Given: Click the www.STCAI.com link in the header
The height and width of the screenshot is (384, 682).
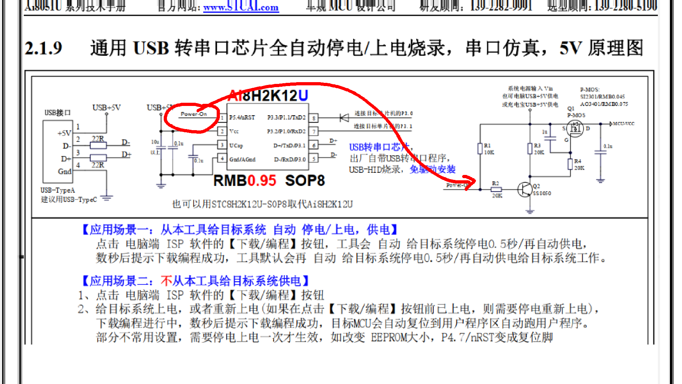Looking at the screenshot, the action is coord(241,7).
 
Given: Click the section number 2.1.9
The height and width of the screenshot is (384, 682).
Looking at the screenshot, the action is coord(43,48).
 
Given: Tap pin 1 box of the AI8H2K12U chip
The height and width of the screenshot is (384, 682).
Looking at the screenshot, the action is coord(222,118).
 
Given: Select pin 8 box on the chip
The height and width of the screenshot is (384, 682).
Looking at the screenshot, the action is coord(314,118).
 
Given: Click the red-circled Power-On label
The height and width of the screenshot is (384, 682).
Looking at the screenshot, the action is coord(194,114).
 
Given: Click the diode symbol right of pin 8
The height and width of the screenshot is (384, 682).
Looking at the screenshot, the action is coord(344,118).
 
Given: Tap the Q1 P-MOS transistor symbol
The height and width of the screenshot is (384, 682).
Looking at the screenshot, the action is coord(575,129).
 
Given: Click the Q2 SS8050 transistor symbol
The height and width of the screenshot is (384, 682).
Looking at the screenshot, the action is coord(524,190).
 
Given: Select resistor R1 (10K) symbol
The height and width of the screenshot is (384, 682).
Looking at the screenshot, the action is coord(480,149).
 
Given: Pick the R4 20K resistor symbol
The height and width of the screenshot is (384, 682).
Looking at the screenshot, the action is coord(570,164).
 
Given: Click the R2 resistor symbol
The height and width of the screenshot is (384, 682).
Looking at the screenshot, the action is coord(496,190).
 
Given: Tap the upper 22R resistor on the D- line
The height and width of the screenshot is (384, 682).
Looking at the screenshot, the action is coord(98,145).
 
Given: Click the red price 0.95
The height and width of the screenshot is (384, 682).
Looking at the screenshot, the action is coord(262,181).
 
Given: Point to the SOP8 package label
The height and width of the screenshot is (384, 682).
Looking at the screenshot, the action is coord(305,181).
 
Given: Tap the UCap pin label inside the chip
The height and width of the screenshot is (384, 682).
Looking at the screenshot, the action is coord(236,145).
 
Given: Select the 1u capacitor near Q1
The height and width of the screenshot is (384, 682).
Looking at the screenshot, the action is coord(550,138).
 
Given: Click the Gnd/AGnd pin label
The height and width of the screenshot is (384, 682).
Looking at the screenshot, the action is coord(242,159).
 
